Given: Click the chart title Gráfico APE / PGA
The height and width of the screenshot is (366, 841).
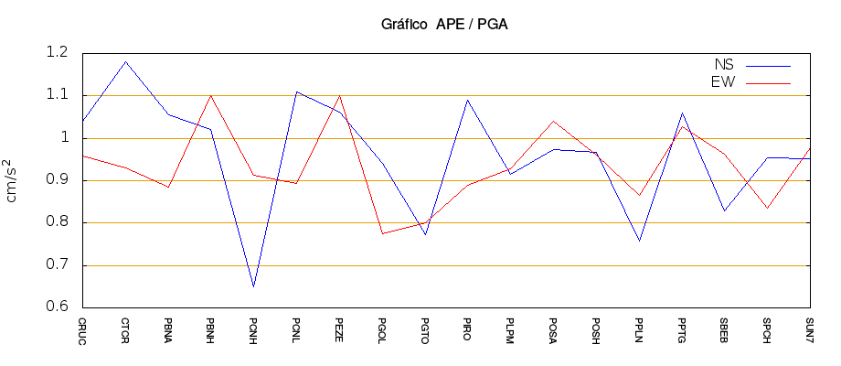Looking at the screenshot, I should click(x=444, y=25).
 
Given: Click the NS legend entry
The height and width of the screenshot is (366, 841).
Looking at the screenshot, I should click(x=723, y=65).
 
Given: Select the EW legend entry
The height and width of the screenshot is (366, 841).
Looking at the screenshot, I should click(x=723, y=82).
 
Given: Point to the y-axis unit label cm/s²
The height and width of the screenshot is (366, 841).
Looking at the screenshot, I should click(x=16, y=179).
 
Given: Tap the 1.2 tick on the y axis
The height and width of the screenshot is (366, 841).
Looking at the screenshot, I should click(x=57, y=53).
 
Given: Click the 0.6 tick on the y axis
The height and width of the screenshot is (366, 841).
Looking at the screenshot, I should click(x=57, y=307).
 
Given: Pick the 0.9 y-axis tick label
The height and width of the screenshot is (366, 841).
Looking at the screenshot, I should click(x=57, y=180).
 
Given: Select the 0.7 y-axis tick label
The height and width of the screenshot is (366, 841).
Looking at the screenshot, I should click(x=57, y=265).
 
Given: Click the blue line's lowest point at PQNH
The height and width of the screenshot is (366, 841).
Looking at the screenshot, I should click(x=253, y=286).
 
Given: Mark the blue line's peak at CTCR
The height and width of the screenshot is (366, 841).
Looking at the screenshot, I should click(x=125, y=61).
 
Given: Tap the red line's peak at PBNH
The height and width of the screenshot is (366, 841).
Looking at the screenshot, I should click(x=211, y=95).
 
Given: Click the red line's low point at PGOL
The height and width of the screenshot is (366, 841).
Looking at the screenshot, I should click(x=382, y=233).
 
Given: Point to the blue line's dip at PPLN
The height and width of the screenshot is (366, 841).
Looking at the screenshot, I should click(x=639, y=241).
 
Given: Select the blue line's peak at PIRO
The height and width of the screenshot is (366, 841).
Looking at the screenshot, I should click(x=468, y=100).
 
